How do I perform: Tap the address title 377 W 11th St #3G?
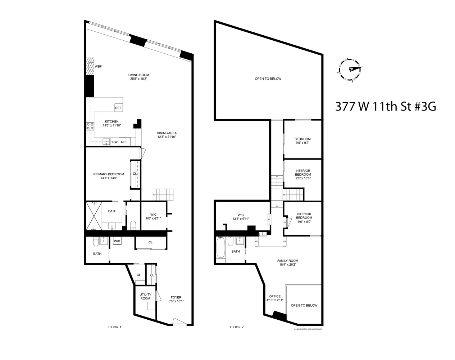pyautogui.click(x=386, y=107)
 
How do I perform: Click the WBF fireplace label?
pyautogui.click(x=98, y=67)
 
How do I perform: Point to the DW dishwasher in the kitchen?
pyautogui.click(x=115, y=142)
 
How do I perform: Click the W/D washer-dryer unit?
pyautogui.click(x=117, y=241)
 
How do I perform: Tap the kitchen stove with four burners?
pyautogui.click(x=90, y=126)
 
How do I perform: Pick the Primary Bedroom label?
pyautogui.click(x=109, y=176)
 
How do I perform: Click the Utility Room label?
pyautogui.click(x=145, y=296)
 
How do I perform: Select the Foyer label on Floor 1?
pyautogui.click(x=176, y=300)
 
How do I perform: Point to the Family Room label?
pyautogui.click(x=287, y=262)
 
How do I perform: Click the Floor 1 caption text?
pyautogui.click(x=114, y=327)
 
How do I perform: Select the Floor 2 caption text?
pyautogui.click(x=237, y=327)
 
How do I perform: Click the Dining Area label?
pyautogui.click(x=167, y=135)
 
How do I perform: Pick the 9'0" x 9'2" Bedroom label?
pyautogui.click(x=302, y=141)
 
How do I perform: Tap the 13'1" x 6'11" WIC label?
pyautogui.click(x=241, y=217)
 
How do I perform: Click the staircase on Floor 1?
pyautogui.click(x=163, y=194)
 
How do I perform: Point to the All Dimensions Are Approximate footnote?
pyautogui.click(x=308, y=329)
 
